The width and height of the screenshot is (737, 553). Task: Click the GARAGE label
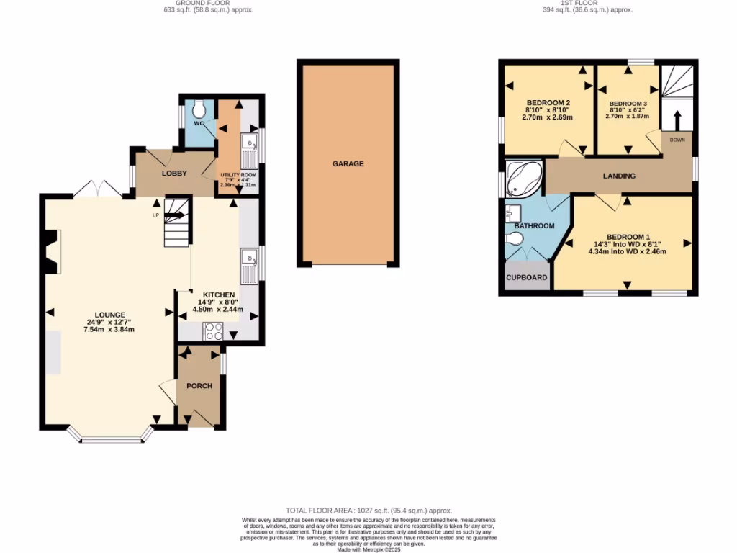348,163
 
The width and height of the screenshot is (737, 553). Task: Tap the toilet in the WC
199,109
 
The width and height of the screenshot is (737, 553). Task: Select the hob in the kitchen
214,331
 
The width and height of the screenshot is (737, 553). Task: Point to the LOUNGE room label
109,315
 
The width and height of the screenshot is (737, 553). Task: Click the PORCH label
199,386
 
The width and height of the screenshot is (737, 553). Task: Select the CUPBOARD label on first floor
526,277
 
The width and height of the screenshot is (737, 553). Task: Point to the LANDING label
619,176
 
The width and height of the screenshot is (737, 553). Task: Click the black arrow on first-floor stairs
677,120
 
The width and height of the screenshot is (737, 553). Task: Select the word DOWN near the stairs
677,140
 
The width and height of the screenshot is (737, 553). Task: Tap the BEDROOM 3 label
627,104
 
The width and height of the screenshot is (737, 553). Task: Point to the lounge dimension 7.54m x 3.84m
109,329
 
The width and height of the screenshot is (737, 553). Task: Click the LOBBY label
174,174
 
